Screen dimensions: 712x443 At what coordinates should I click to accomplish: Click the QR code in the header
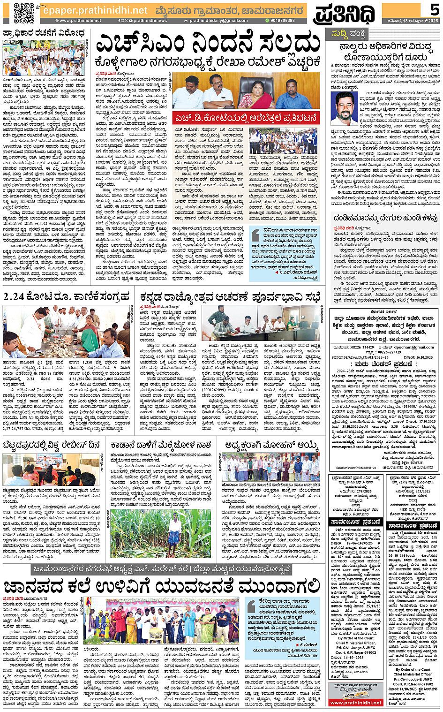(24, 12)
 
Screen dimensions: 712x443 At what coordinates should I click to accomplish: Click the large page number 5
(434, 9)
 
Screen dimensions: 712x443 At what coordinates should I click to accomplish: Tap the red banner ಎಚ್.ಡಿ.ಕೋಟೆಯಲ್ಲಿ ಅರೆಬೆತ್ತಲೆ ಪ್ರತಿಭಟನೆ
(247, 118)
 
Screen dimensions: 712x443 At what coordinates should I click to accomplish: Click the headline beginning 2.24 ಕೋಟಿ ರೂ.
(66, 296)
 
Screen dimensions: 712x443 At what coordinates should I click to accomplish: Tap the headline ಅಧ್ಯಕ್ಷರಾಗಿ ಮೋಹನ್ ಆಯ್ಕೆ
(271, 444)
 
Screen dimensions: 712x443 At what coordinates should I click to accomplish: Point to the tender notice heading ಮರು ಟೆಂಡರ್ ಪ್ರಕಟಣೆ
(383, 364)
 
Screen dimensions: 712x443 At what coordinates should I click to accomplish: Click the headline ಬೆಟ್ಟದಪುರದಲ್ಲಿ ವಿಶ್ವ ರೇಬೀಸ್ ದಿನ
(52, 444)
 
